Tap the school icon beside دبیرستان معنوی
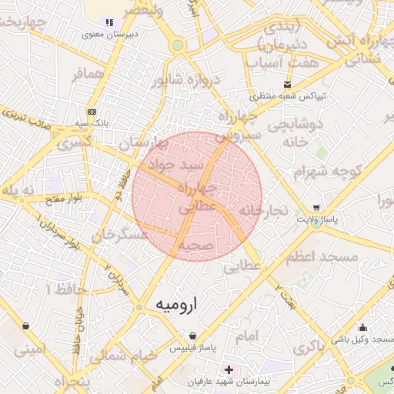109,23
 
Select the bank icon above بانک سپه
92,112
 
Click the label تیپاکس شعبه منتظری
287,96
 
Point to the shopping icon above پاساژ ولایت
317,208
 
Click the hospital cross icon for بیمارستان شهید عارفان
229,370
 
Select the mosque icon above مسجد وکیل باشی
362,328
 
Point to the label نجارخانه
262,209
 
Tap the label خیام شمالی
122,356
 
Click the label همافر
87,75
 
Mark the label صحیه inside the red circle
195,245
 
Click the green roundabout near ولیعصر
178,45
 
